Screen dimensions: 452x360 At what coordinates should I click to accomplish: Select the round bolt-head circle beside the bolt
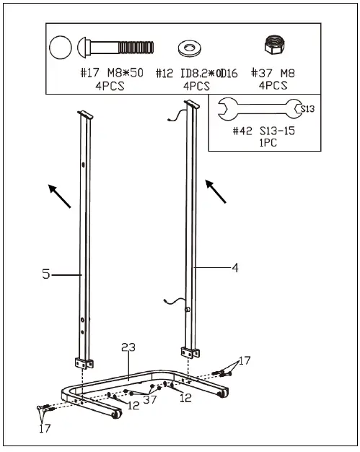[61, 49]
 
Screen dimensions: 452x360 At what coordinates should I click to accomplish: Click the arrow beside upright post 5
[59, 195]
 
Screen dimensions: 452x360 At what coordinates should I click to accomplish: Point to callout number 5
[45, 274]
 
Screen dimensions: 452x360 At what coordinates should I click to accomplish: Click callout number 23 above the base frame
[128, 348]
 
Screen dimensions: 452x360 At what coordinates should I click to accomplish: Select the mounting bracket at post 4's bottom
[189, 352]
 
